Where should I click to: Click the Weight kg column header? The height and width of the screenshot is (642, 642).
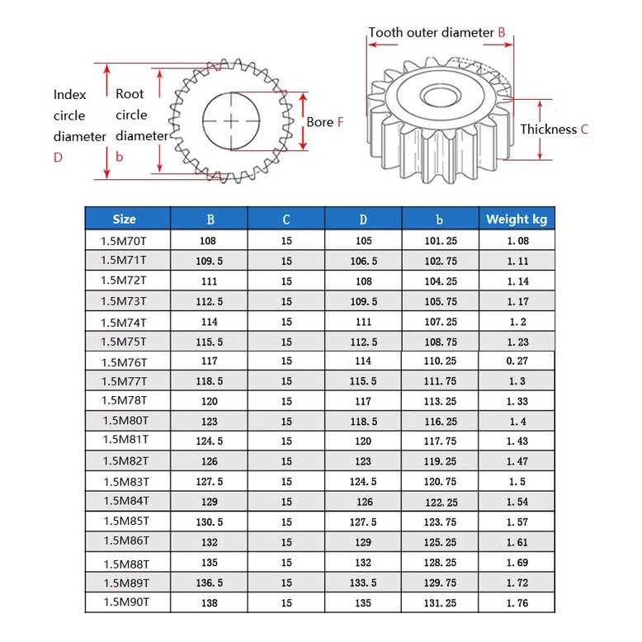[x=517, y=219]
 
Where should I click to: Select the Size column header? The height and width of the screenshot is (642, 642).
[x=124, y=219]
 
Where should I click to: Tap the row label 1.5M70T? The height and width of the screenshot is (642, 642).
[x=123, y=241]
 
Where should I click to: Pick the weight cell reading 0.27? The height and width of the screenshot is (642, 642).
[x=517, y=361]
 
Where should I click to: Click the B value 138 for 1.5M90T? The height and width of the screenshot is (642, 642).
[x=210, y=603]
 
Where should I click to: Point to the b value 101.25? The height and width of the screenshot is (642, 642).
[x=441, y=241]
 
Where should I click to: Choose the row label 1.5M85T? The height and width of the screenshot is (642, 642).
[x=126, y=521]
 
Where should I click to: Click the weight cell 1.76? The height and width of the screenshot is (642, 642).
[x=517, y=603]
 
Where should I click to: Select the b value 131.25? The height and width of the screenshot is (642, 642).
[x=440, y=603]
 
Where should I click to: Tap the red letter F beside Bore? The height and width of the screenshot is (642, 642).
[x=340, y=122]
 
